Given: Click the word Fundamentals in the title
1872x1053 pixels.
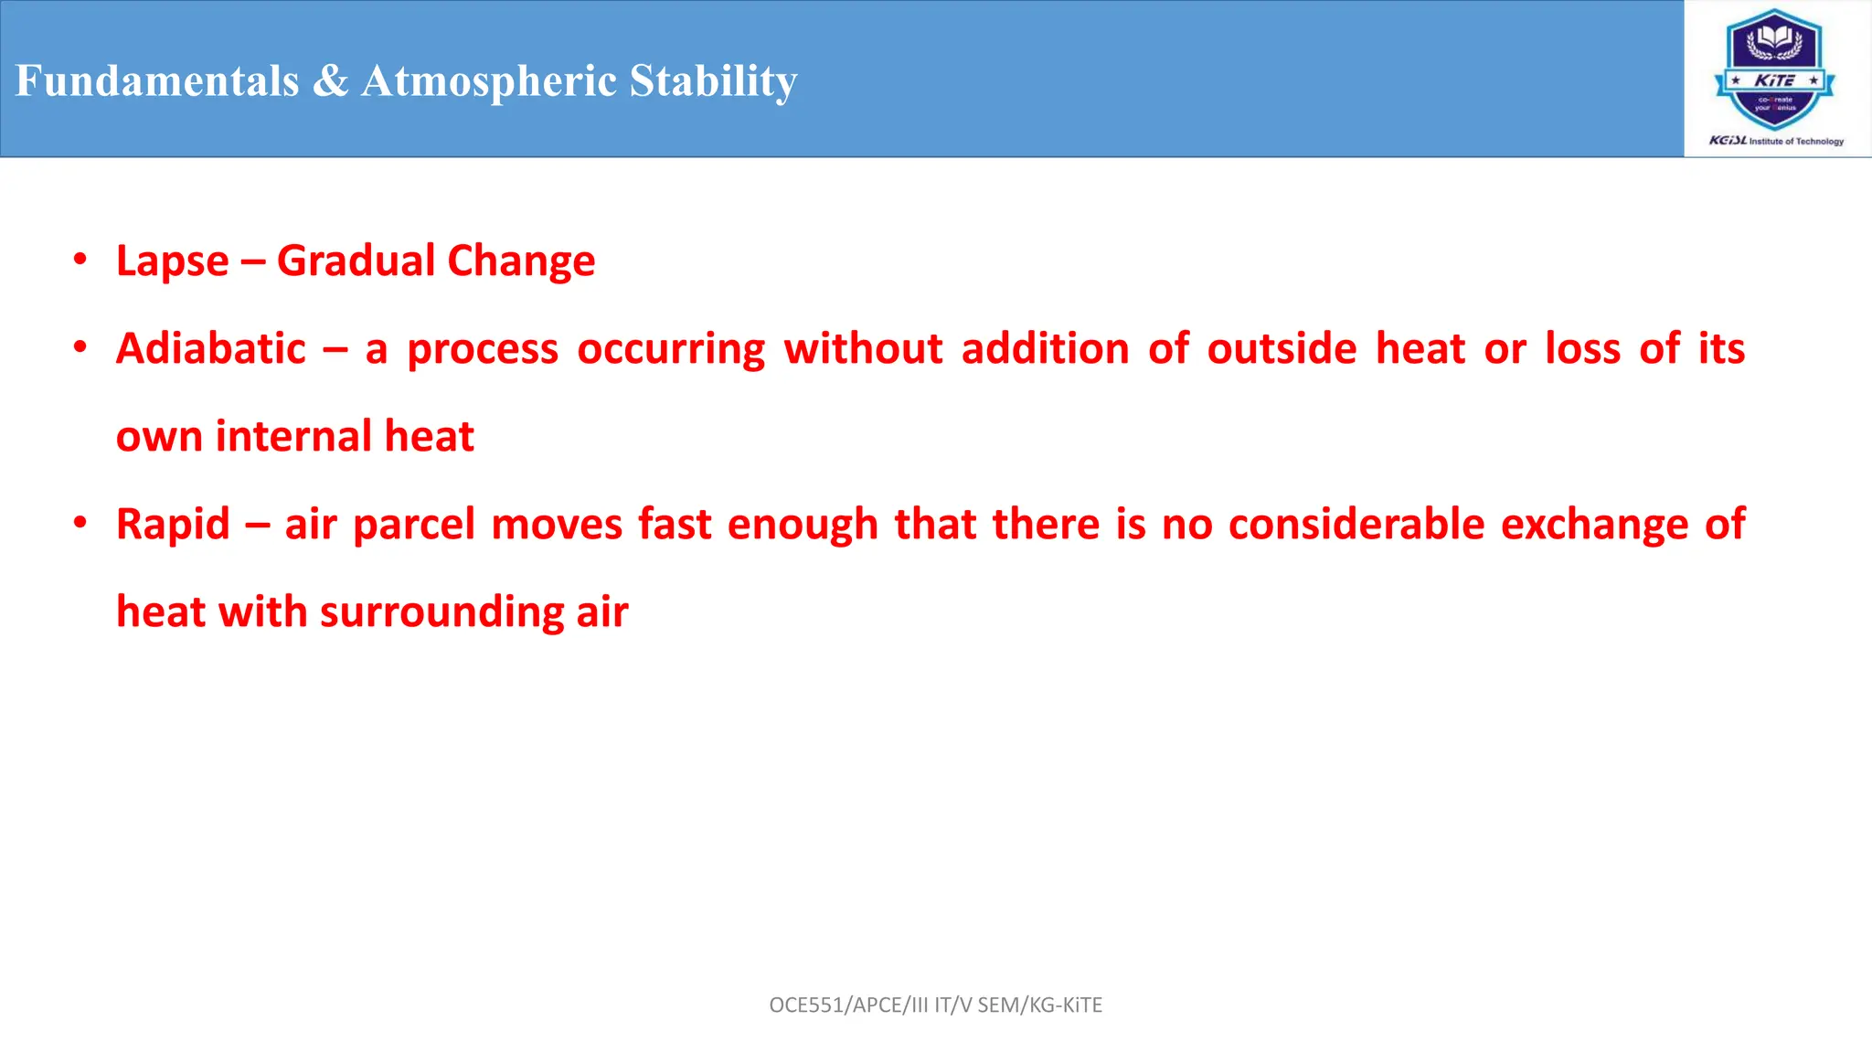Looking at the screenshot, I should (157, 80).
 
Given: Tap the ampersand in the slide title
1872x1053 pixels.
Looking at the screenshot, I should (330, 80).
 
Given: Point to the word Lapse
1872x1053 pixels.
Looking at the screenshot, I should (172, 261).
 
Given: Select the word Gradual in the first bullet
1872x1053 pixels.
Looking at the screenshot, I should (356, 261).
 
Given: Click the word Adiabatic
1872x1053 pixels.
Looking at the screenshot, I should (211, 348).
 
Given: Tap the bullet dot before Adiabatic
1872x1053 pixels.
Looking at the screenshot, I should (80, 347).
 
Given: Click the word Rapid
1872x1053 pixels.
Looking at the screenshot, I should (173, 525).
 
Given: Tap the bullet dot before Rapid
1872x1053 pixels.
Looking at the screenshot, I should (80, 523).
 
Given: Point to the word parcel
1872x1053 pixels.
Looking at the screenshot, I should (414, 525).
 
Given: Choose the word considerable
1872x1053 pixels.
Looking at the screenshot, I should (1356, 524).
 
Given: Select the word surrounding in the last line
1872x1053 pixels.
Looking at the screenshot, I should (441, 612).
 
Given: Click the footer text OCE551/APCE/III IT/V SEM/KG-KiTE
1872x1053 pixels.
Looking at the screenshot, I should (935, 1005).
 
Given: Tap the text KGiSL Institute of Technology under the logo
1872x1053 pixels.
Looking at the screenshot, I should (1776, 141).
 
